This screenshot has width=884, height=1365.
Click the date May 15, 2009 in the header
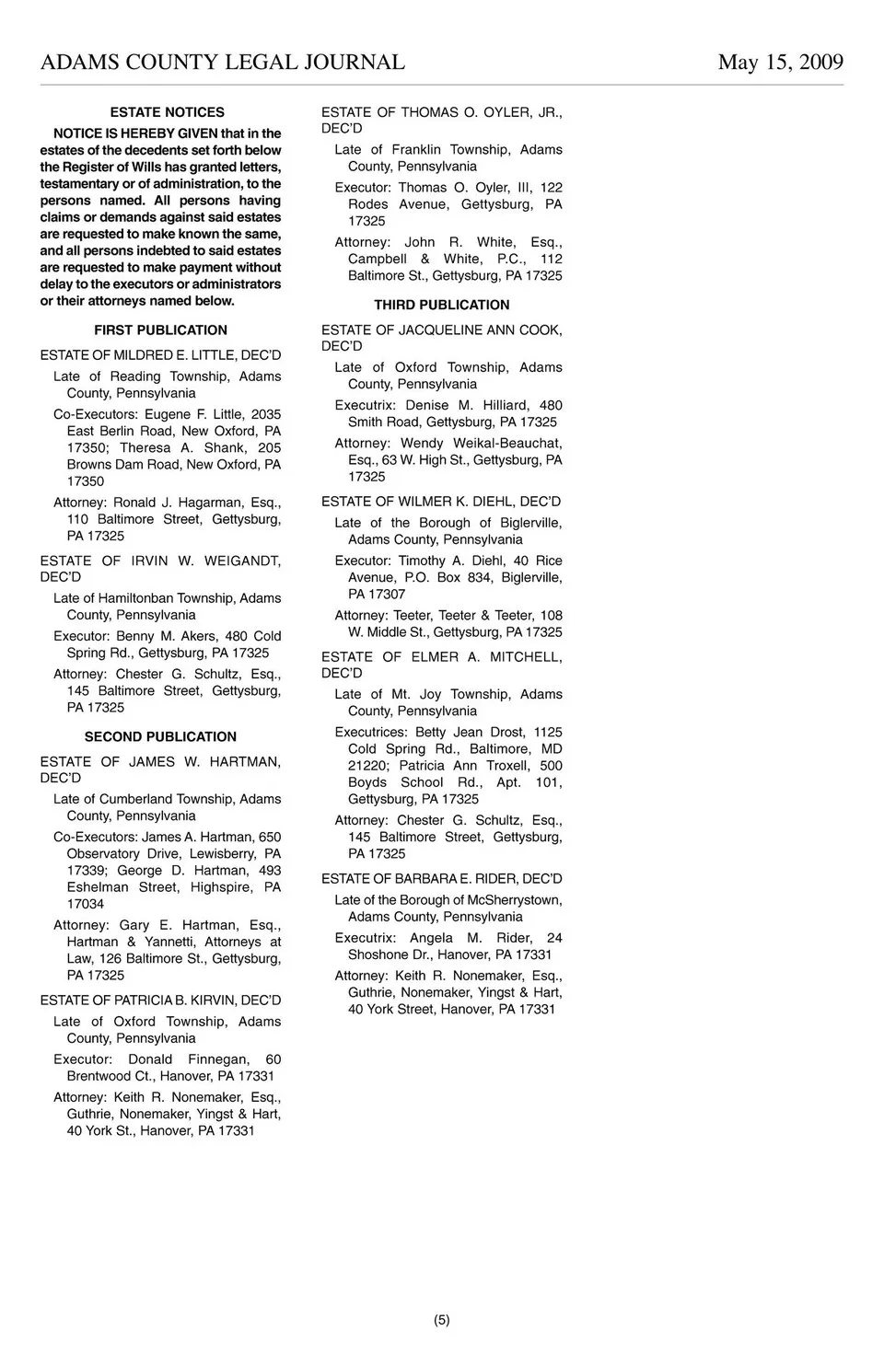point(780,63)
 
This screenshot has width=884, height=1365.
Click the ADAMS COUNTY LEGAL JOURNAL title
point(223,63)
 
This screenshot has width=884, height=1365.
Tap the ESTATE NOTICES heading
point(167,112)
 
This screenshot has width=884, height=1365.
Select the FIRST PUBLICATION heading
point(160,330)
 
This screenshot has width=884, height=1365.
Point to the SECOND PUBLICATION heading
point(160,737)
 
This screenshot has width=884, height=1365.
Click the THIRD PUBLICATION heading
point(441,306)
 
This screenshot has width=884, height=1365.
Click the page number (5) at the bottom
point(442,1320)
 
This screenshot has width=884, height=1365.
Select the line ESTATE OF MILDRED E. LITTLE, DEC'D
point(160,355)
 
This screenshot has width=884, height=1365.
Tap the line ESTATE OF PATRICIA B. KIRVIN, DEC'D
point(160,1001)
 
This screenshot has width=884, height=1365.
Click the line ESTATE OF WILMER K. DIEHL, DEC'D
point(441,502)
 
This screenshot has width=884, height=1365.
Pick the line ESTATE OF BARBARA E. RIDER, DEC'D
point(441,879)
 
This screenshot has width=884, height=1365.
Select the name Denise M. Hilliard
point(467,405)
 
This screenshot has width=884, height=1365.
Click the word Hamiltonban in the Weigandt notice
point(135,598)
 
